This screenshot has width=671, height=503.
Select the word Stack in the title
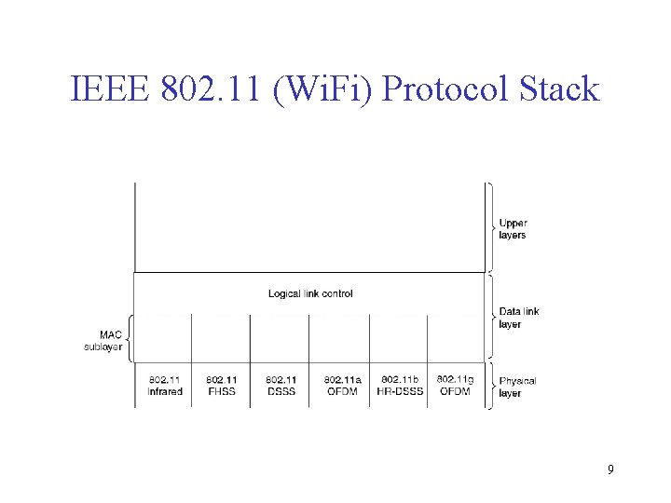pos(555,89)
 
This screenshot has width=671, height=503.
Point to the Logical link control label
pos(310,293)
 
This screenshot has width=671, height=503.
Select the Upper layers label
pos(513,229)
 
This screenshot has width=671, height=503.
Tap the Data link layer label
pos(518,318)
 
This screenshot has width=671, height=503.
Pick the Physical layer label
pos(517,387)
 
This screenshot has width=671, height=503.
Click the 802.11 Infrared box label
pos(165,386)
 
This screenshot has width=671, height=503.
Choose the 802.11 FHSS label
pos(222,386)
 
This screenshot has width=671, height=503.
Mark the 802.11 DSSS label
pos(281,386)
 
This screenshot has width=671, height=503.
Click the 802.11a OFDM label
pos(342,386)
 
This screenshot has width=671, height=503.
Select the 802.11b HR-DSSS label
pos(400,386)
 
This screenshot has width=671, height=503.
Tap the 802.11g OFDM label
pos(455,385)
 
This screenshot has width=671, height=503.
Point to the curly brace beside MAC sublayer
pos(130,338)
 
